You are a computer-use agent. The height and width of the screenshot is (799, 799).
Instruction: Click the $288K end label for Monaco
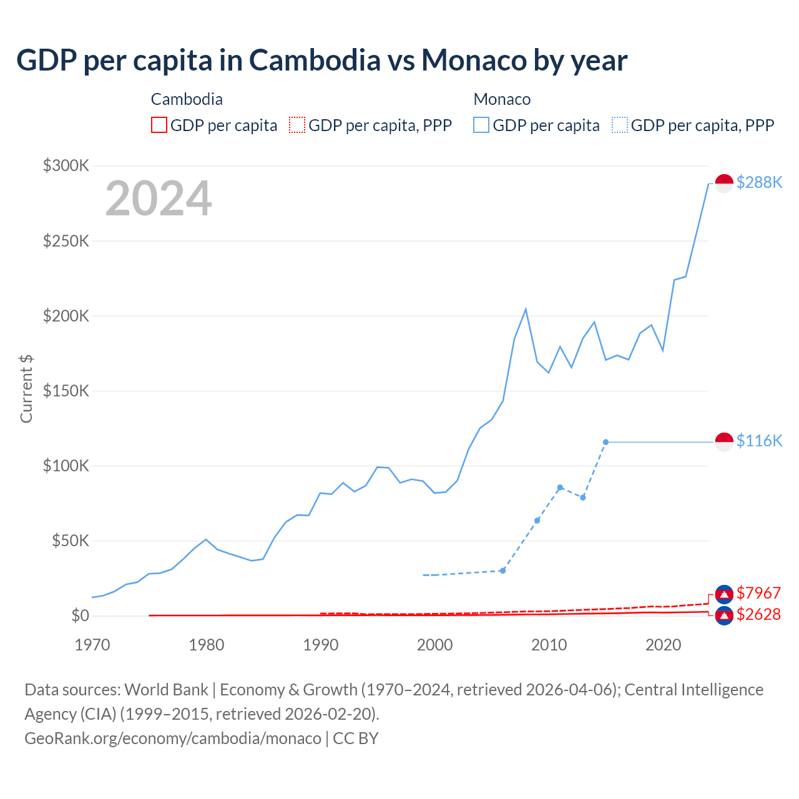click(x=759, y=182)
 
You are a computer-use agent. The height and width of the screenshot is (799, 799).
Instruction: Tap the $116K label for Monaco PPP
click(x=759, y=441)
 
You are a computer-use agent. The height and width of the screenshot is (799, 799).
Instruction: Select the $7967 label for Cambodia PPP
click(x=758, y=592)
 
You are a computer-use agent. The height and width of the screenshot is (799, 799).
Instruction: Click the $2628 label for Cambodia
click(x=758, y=614)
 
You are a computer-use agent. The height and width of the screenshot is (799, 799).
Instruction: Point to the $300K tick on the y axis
click(x=66, y=165)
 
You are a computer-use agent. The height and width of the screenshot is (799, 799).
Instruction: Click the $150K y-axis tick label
click(x=66, y=391)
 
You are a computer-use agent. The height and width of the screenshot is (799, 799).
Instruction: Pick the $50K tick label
click(x=71, y=541)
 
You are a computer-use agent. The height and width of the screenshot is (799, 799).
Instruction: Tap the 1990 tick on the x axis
click(x=320, y=645)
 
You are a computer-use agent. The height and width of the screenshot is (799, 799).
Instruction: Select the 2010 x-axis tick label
click(x=549, y=645)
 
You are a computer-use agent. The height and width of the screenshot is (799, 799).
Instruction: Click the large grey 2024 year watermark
click(x=159, y=199)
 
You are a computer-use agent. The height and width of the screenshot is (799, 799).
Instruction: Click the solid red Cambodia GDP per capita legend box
click(x=159, y=125)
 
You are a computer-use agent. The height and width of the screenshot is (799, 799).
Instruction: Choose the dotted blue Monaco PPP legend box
click(x=620, y=125)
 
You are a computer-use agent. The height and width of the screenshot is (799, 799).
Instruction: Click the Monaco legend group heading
click(x=502, y=99)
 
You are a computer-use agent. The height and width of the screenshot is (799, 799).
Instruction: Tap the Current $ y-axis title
click(x=26, y=388)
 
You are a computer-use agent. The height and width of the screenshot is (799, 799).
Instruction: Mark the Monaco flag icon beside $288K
click(x=724, y=184)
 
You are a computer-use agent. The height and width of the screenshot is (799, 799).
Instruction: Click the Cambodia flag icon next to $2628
click(x=724, y=615)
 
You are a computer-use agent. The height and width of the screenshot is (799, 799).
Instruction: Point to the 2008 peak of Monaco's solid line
click(x=526, y=309)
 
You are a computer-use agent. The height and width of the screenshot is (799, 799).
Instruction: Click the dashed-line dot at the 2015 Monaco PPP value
click(x=605, y=442)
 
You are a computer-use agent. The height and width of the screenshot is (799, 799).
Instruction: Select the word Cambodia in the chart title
click(x=315, y=61)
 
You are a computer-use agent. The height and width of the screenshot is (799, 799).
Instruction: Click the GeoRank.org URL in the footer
click(x=173, y=738)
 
